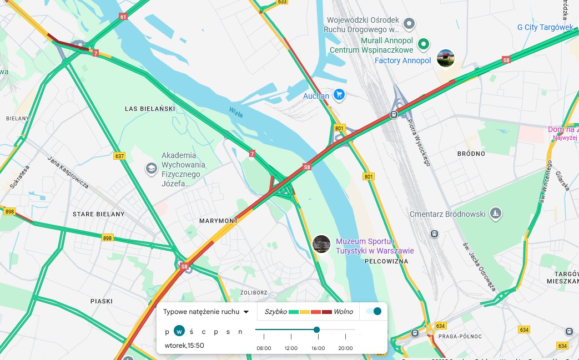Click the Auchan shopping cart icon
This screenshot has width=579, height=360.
pyautogui.click(x=340, y=95)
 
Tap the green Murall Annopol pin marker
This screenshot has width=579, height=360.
pyautogui.click(x=424, y=44)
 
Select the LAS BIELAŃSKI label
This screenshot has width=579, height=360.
pyautogui.click(x=150, y=109)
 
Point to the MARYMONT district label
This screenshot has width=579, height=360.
pyautogui.click(x=218, y=221)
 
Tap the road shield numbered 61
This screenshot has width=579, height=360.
pyautogui.click(x=123, y=17)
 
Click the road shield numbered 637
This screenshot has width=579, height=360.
pyautogui.click(x=119, y=156)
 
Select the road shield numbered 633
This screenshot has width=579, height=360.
pyautogui.click(x=282, y=2)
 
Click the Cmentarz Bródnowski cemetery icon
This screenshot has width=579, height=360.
pyautogui.click(x=496, y=213)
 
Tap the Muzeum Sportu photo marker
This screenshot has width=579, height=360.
pyautogui.click(x=322, y=245)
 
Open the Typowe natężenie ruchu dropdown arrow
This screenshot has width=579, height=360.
pyautogui.click(x=246, y=312)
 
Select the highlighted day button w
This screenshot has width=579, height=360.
pyautogui.click(x=179, y=331)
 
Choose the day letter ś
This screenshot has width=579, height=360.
pyautogui.click(x=191, y=332)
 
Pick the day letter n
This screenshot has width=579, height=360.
pyautogui.click(x=240, y=332)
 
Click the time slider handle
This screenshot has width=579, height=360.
pyautogui.click(x=316, y=329)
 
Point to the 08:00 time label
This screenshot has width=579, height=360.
pyautogui.click(x=264, y=348)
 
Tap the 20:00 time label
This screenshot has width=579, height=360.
pyautogui.click(x=345, y=348)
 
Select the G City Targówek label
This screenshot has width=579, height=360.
pyautogui.click(x=545, y=27)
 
